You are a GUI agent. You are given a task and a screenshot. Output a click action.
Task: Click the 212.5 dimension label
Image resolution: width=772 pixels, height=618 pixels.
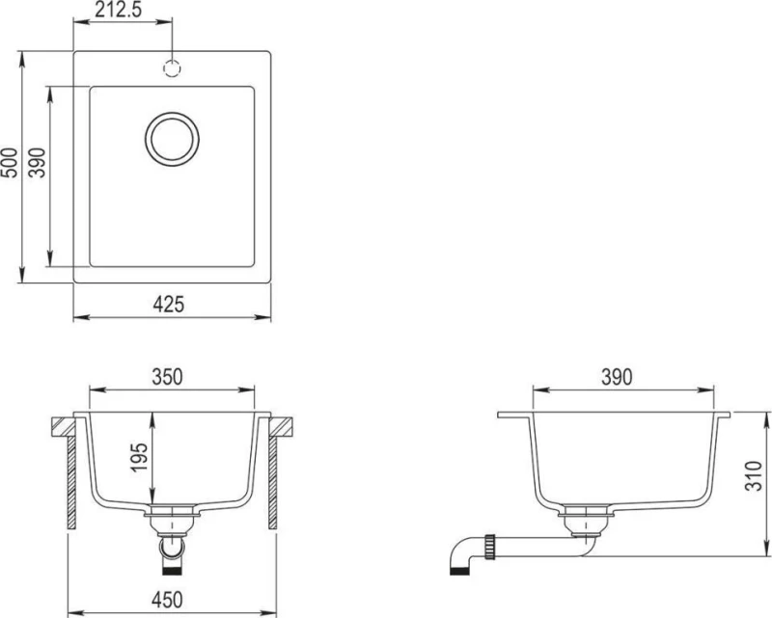[118, 10]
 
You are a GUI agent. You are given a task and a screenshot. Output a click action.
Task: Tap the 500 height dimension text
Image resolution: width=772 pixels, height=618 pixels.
[10, 162]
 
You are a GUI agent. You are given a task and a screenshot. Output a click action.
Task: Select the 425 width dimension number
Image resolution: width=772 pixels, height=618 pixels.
[168, 304]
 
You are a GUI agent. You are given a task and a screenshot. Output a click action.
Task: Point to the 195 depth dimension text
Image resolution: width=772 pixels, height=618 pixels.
[139, 458]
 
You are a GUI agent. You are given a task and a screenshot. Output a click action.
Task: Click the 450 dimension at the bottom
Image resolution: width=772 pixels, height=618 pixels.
[167, 600]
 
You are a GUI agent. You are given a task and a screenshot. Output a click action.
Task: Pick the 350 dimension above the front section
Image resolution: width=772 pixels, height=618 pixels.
[167, 377]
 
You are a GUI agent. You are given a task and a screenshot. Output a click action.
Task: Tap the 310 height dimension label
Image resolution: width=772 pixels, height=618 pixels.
[754, 476]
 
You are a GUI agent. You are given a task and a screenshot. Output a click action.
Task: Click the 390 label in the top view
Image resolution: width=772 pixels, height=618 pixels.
[37, 162]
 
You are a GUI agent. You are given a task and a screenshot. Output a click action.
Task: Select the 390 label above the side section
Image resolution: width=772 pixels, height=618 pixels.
[617, 377]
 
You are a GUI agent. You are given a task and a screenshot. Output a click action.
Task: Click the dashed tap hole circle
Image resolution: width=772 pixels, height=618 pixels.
[173, 68]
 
